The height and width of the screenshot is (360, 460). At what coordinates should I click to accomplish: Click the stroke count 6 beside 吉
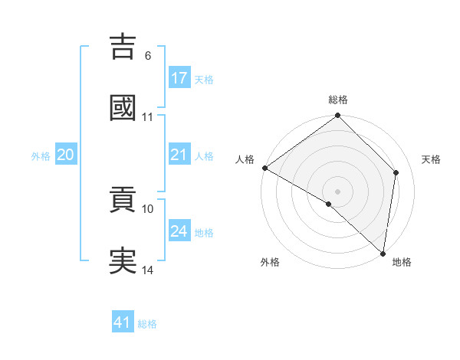tap(147, 56)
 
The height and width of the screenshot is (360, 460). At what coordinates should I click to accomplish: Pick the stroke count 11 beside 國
tap(148, 117)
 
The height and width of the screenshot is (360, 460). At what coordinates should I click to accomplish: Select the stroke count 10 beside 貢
tap(148, 208)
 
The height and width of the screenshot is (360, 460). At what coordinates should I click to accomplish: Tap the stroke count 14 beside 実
tap(148, 270)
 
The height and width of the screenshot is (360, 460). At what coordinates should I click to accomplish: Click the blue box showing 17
tap(179, 77)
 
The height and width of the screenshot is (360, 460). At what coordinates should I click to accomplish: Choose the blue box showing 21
tap(179, 155)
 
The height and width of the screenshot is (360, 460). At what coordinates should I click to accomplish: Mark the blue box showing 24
tap(179, 231)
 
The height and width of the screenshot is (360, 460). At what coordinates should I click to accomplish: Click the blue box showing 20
tap(66, 155)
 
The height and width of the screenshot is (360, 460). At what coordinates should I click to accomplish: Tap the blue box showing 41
tap(123, 322)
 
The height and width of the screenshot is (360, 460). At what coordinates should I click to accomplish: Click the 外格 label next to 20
tap(41, 155)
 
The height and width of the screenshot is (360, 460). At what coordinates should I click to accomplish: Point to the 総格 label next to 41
tap(147, 324)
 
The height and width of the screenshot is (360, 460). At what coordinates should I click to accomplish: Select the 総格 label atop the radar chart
tap(338, 100)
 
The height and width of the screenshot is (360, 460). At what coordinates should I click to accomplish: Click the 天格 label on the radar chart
tap(432, 159)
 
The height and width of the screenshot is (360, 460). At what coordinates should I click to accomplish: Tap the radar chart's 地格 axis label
tap(402, 262)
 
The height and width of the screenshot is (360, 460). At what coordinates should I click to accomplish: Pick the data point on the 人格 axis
tap(264, 168)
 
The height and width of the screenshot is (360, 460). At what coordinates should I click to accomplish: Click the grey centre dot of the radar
tap(338, 191)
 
